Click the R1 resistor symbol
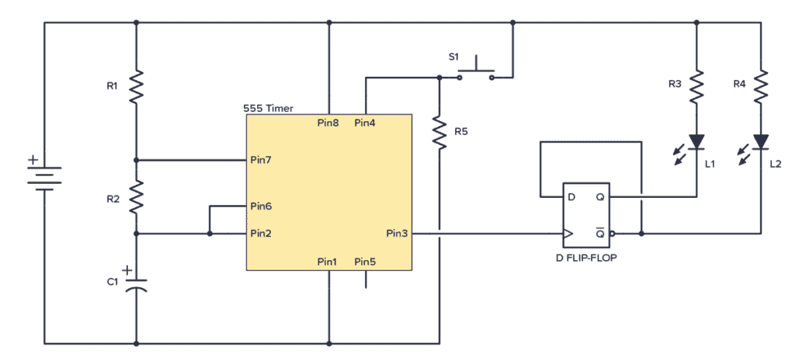tap(136, 87)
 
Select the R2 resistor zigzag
tap(136, 198)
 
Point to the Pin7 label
tap(260, 160)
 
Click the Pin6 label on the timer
tap(260, 207)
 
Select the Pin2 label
tap(260, 233)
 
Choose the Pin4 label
tap(365, 123)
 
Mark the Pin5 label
tap(365, 262)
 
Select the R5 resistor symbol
tap(439, 133)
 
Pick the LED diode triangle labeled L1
tap(696, 141)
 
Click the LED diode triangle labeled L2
tap(760, 141)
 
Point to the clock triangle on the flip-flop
tap(568, 233)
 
